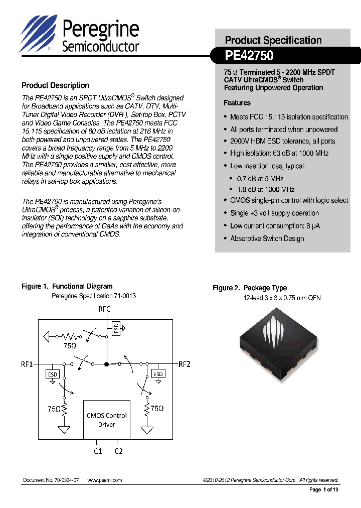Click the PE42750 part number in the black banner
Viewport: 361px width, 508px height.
pyautogui.click(x=249, y=56)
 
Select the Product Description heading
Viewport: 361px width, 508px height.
pyautogui.click(x=55, y=85)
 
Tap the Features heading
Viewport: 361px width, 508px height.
pyautogui.click(x=237, y=103)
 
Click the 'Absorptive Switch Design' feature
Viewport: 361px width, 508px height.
pyautogui.click(x=267, y=238)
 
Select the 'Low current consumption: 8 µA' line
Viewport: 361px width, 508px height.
pyautogui.click(x=275, y=226)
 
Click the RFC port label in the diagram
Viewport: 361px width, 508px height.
pyautogui.click(x=104, y=309)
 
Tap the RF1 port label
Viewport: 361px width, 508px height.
pyautogui.click(x=27, y=364)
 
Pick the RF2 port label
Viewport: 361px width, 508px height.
pyautogui.click(x=184, y=364)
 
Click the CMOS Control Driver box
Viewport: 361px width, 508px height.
pyautogui.click(x=106, y=419)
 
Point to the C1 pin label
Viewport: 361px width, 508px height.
pyautogui.click(x=98, y=451)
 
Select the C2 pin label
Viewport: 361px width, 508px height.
pyautogui.click(x=118, y=451)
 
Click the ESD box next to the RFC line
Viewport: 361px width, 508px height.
pyautogui.click(x=116, y=328)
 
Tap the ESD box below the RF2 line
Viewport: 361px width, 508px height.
pyautogui.click(x=158, y=374)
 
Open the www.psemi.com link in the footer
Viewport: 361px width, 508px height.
pyautogui.click(x=104, y=480)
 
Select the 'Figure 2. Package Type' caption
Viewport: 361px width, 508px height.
pyautogui.click(x=249, y=288)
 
